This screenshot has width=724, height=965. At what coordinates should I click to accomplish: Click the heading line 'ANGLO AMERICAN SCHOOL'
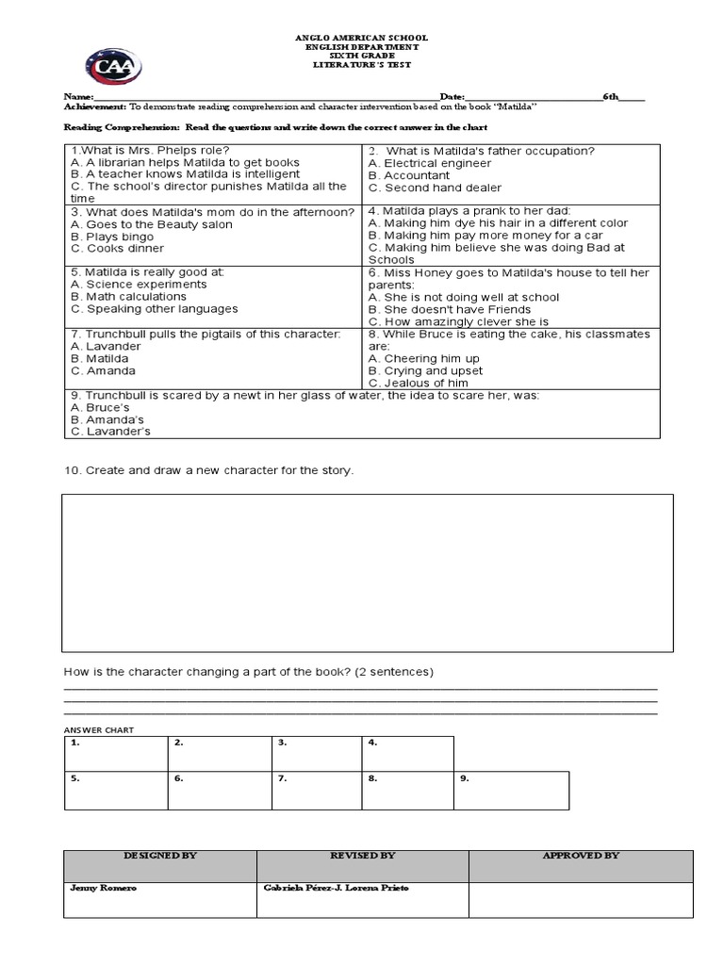(362, 38)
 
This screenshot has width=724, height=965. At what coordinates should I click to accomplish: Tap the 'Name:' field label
(78, 98)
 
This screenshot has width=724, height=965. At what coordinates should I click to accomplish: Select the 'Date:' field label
(452, 98)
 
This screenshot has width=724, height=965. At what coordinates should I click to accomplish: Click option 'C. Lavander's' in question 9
(110, 432)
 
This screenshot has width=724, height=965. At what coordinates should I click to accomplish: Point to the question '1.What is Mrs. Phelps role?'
(150, 151)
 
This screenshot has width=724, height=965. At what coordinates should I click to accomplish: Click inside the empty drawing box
(368, 572)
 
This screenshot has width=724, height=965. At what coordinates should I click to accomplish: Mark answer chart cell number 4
(407, 754)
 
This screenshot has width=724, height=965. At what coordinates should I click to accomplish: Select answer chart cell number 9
(512, 791)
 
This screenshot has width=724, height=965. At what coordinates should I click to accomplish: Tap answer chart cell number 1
(115, 754)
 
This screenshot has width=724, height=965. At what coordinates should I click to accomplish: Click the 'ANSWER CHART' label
(98, 729)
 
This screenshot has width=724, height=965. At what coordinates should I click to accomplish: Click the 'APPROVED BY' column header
(581, 856)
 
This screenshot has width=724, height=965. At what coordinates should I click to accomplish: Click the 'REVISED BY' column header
(362, 856)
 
